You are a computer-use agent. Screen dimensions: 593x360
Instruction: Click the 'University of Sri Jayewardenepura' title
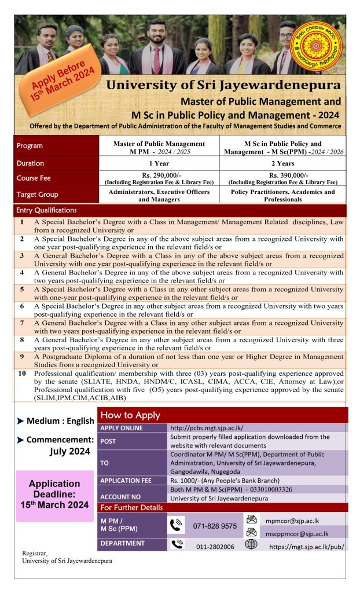(x=223, y=85)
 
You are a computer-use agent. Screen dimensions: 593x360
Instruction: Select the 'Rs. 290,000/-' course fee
(x=159, y=175)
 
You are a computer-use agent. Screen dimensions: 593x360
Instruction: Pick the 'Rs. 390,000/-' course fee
(x=282, y=175)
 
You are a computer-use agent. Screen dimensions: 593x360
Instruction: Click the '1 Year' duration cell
(x=159, y=163)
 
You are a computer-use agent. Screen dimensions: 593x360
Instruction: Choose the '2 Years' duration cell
(x=282, y=163)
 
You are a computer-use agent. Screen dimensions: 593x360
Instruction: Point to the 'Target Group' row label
(x=38, y=195)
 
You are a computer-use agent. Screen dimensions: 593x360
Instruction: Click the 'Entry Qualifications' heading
(x=47, y=210)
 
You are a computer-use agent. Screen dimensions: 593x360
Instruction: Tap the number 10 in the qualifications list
(x=22, y=374)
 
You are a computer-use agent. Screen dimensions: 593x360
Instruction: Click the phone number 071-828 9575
(x=215, y=526)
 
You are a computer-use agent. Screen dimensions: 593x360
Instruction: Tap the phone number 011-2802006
(x=215, y=546)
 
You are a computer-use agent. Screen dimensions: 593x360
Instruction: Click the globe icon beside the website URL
(x=251, y=544)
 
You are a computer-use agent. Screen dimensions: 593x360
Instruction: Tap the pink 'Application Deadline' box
(x=54, y=494)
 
